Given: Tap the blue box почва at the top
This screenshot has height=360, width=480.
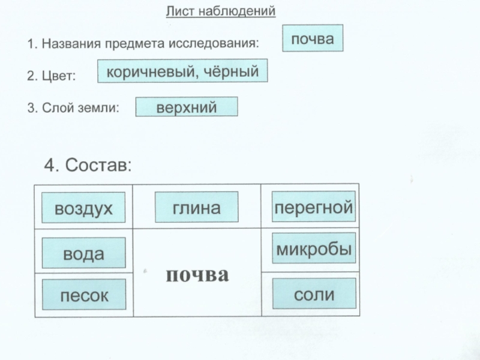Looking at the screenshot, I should (x=313, y=39).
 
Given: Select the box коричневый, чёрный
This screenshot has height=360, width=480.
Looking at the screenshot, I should (x=182, y=72).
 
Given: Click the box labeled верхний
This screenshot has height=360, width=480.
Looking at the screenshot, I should (x=187, y=107).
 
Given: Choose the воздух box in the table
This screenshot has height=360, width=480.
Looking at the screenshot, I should (x=83, y=208).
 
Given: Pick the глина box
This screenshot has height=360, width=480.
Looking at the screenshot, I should (x=197, y=207).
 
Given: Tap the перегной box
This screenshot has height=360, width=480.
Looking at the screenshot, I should (x=313, y=208).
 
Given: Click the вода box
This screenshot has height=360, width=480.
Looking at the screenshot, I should (x=83, y=253).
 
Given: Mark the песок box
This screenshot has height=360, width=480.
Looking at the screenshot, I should (x=84, y=295).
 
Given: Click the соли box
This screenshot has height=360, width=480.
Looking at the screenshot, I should (x=314, y=294).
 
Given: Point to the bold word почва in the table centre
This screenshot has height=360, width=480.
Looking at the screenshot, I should (x=197, y=275).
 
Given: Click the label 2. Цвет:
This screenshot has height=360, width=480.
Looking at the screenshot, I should (x=52, y=76).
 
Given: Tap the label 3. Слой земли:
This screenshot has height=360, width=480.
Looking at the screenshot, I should (x=73, y=108).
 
